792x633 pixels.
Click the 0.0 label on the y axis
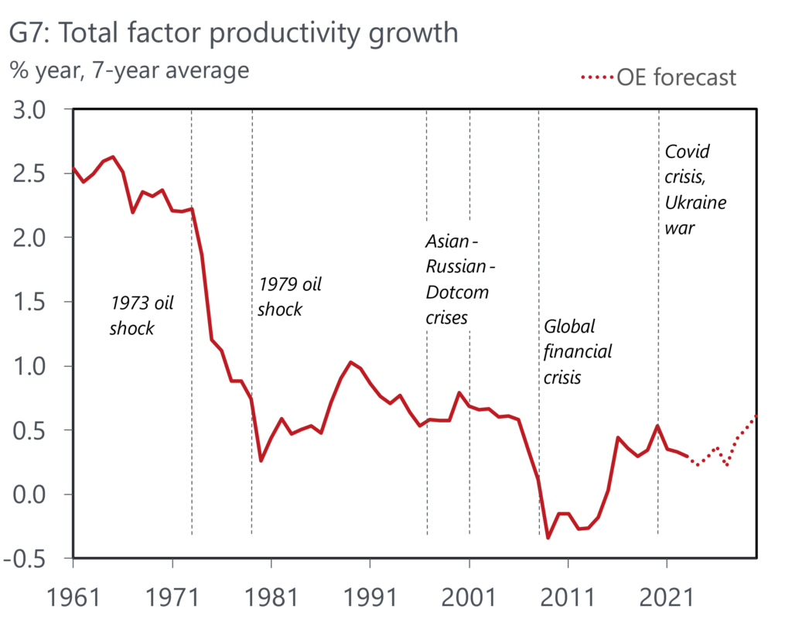pyautogui.click(x=36, y=494)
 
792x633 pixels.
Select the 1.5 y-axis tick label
pyautogui.click(x=36, y=302)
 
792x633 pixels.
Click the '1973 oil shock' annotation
pyautogui.click(x=142, y=315)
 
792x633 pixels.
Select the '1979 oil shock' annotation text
pyautogui.click(x=288, y=296)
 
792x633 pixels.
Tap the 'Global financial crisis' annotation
pyautogui.click(x=577, y=352)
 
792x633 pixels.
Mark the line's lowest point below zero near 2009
pyautogui.click(x=548, y=538)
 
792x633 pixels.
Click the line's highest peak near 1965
pyautogui.click(x=113, y=157)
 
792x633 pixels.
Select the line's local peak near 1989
pyautogui.click(x=350, y=362)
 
